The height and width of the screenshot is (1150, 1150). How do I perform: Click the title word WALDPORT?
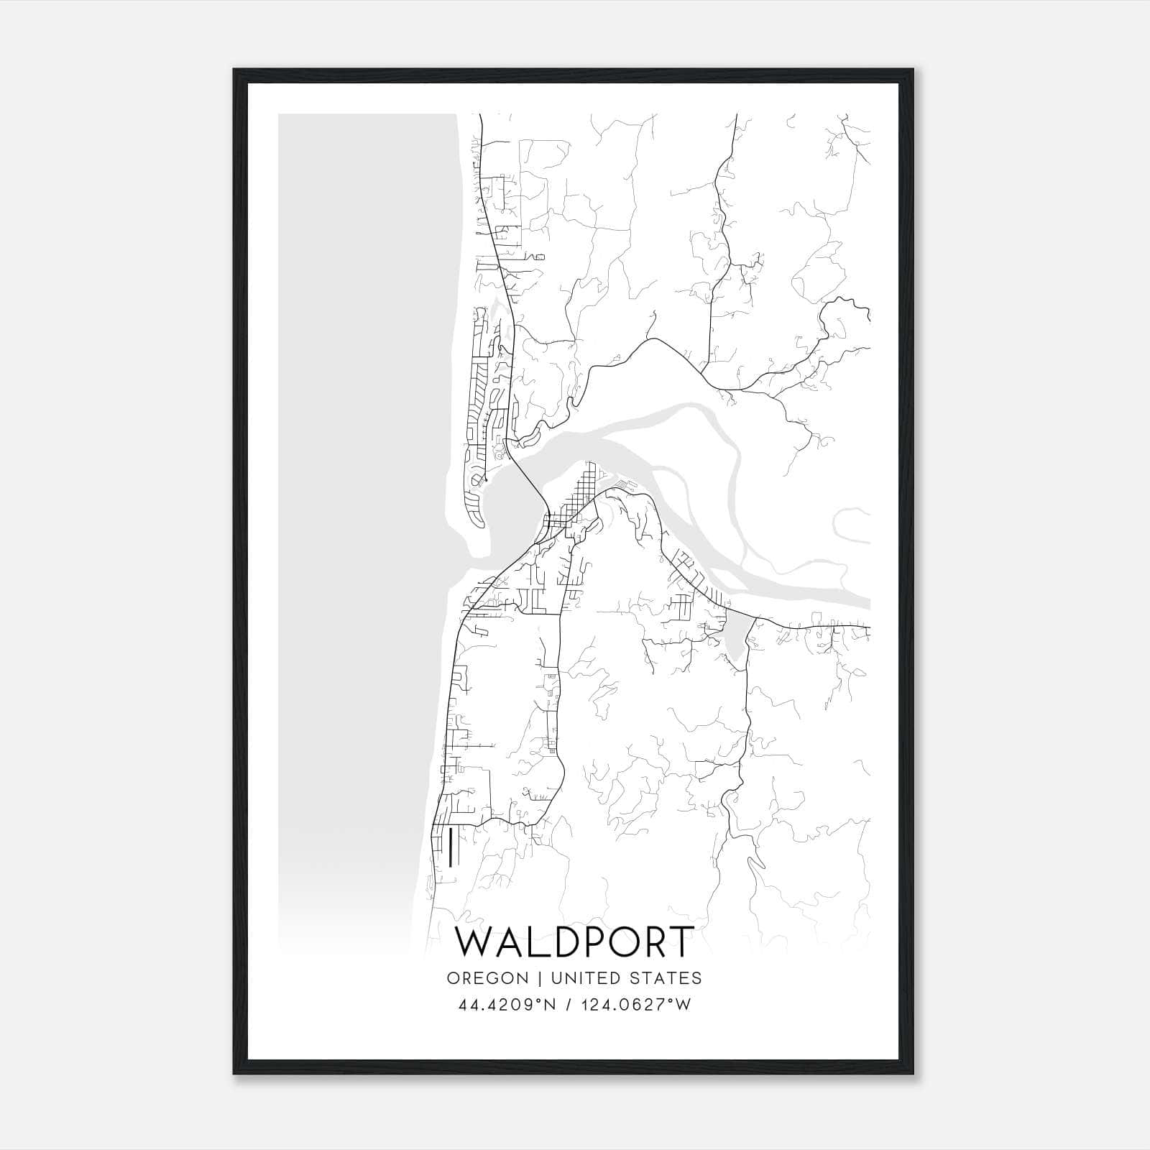coord(575,942)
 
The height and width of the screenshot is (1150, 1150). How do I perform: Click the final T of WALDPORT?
coord(681,942)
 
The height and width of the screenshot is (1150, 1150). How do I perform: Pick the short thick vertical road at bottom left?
coord(449,847)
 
